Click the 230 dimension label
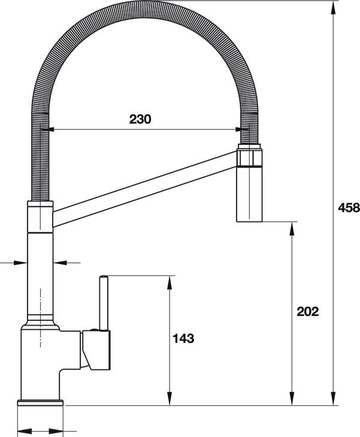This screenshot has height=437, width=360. [141, 119]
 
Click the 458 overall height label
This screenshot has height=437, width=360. [349, 208]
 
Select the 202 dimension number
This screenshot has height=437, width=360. [307, 311]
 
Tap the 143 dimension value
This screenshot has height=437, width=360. [183, 338]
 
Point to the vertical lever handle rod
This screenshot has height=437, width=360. [104, 302]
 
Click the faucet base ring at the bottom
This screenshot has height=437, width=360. [40, 402]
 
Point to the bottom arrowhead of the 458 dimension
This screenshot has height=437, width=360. [333, 400]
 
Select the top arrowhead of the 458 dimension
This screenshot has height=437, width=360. [333, 6]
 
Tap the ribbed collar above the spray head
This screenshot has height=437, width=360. [250, 157]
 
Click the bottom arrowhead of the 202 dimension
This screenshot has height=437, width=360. [292, 400]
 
